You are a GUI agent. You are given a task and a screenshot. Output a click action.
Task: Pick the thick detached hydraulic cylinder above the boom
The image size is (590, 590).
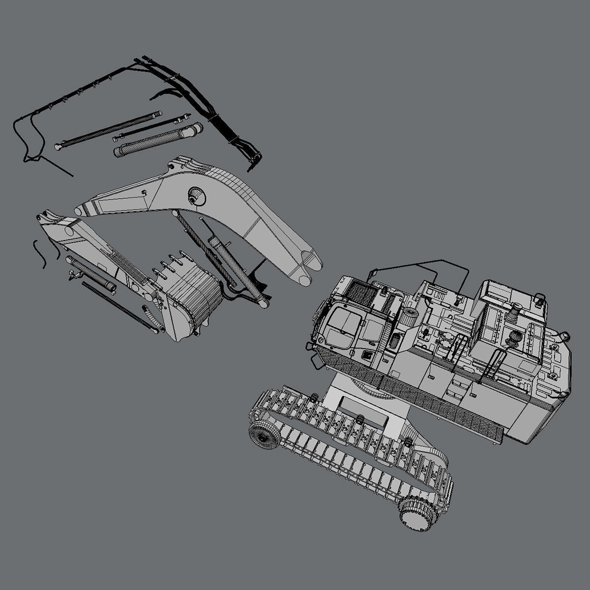(156, 141)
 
